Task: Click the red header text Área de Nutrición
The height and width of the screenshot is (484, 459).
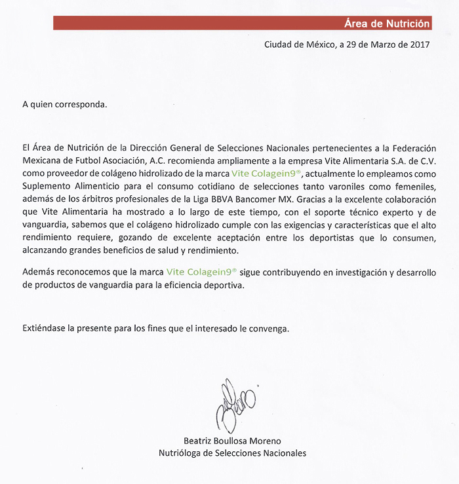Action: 387,24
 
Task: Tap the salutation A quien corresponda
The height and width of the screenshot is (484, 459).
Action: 64,103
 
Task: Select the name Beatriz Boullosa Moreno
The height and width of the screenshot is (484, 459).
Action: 233,441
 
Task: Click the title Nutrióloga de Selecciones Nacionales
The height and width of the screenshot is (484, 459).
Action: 233,453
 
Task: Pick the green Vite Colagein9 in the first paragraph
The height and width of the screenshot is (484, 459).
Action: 266,174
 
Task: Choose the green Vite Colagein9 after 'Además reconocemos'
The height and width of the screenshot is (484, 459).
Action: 201,270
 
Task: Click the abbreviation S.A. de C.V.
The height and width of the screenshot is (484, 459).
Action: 411,161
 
